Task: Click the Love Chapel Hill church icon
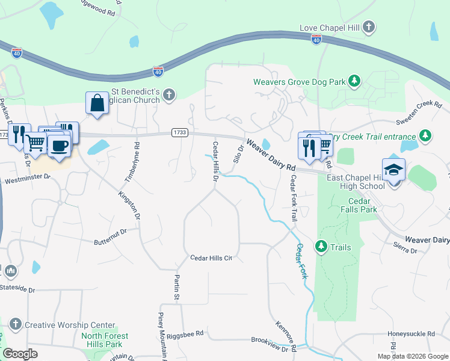click(369, 27)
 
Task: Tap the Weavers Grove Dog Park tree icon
click(355, 81)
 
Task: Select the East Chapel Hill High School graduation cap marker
click(393, 170)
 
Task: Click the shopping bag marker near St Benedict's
click(97, 103)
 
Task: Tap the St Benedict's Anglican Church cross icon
click(170, 94)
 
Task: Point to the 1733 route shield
click(179, 132)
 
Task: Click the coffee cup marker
click(59, 146)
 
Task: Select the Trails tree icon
click(321, 247)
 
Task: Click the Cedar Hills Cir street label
click(211, 258)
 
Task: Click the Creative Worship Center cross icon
click(15, 325)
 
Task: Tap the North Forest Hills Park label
click(105, 340)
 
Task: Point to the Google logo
click(20, 353)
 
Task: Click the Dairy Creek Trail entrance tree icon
click(425, 135)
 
